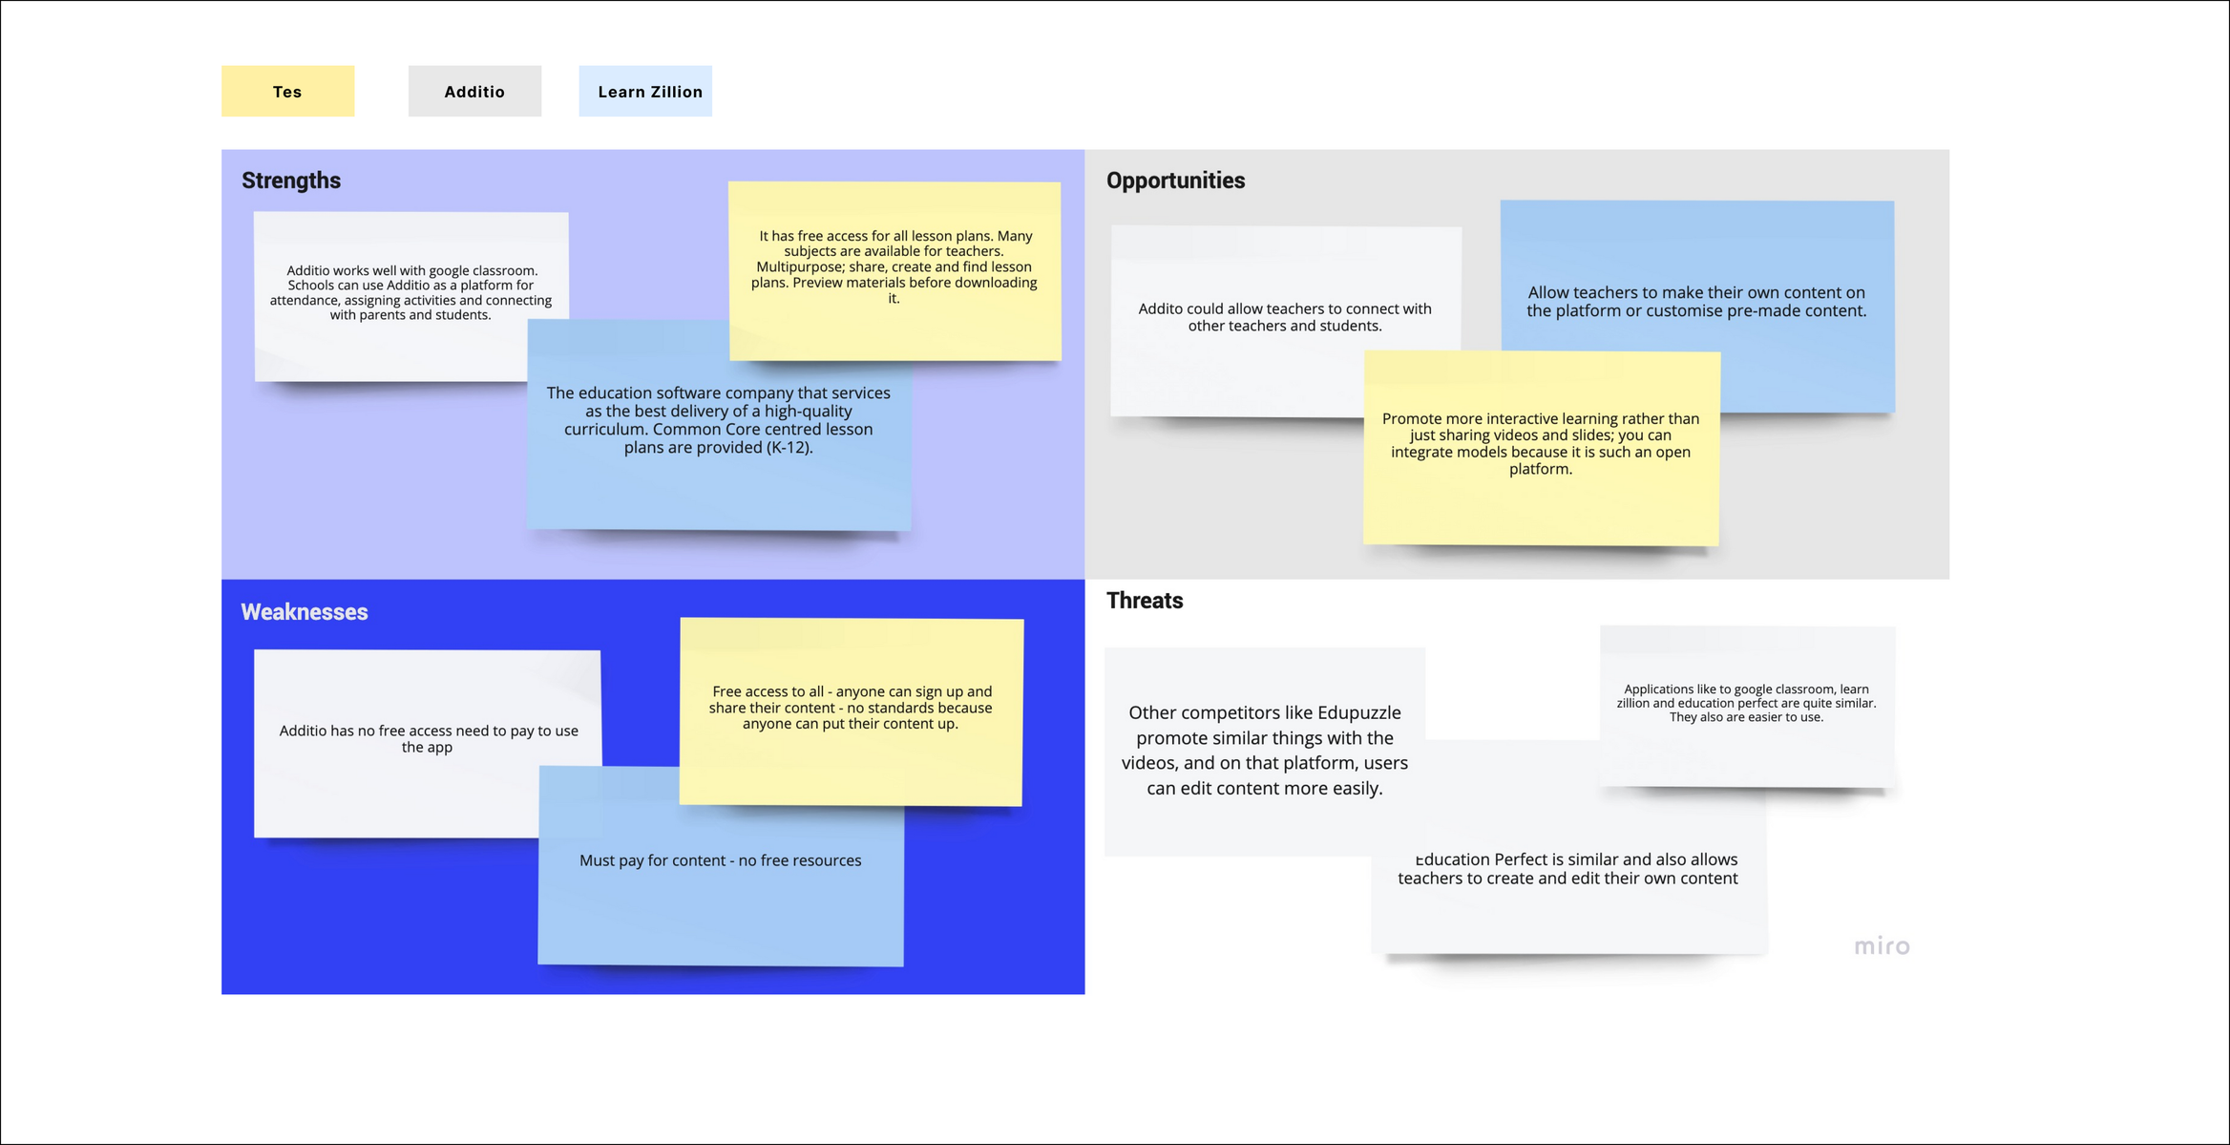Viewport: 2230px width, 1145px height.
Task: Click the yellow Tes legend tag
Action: pyautogui.click(x=287, y=91)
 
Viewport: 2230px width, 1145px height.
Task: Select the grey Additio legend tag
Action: pyautogui.click(x=474, y=91)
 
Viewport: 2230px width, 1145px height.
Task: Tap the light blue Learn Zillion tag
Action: pyautogui.click(x=645, y=91)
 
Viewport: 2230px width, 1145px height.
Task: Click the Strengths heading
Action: pyautogui.click(x=291, y=180)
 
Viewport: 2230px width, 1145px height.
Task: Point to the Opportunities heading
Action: pyautogui.click(x=1175, y=180)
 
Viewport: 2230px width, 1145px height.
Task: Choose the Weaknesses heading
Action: pyautogui.click(x=304, y=612)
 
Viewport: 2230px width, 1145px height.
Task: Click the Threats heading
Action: pyautogui.click(x=1145, y=601)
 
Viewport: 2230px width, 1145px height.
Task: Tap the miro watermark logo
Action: pyautogui.click(x=1882, y=946)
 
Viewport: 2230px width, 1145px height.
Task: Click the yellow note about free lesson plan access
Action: pyautogui.click(x=894, y=270)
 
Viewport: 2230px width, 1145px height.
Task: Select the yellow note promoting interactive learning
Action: pyautogui.click(x=1541, y=448)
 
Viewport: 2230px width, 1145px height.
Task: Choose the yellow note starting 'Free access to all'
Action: pyautogui.click(x=851, y=710)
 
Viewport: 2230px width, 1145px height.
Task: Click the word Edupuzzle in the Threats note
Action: pyautogui.click(x=1359, y=712)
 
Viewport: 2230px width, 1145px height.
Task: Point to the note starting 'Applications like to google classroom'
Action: pyautogui.click(x=1747, y=706)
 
